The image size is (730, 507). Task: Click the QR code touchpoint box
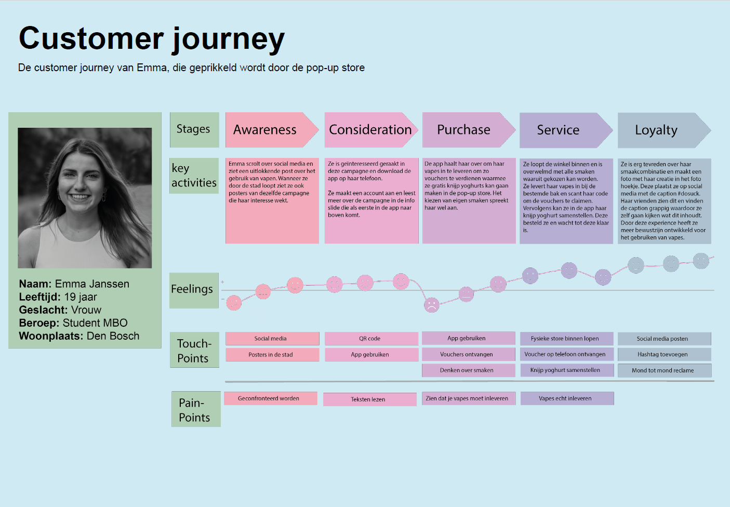[371, 339]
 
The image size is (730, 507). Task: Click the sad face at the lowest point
[431, 305]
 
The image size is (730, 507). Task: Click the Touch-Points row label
[194, 351]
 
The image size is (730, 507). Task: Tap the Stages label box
[194, 129]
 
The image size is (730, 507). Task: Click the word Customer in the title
[91, 39]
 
